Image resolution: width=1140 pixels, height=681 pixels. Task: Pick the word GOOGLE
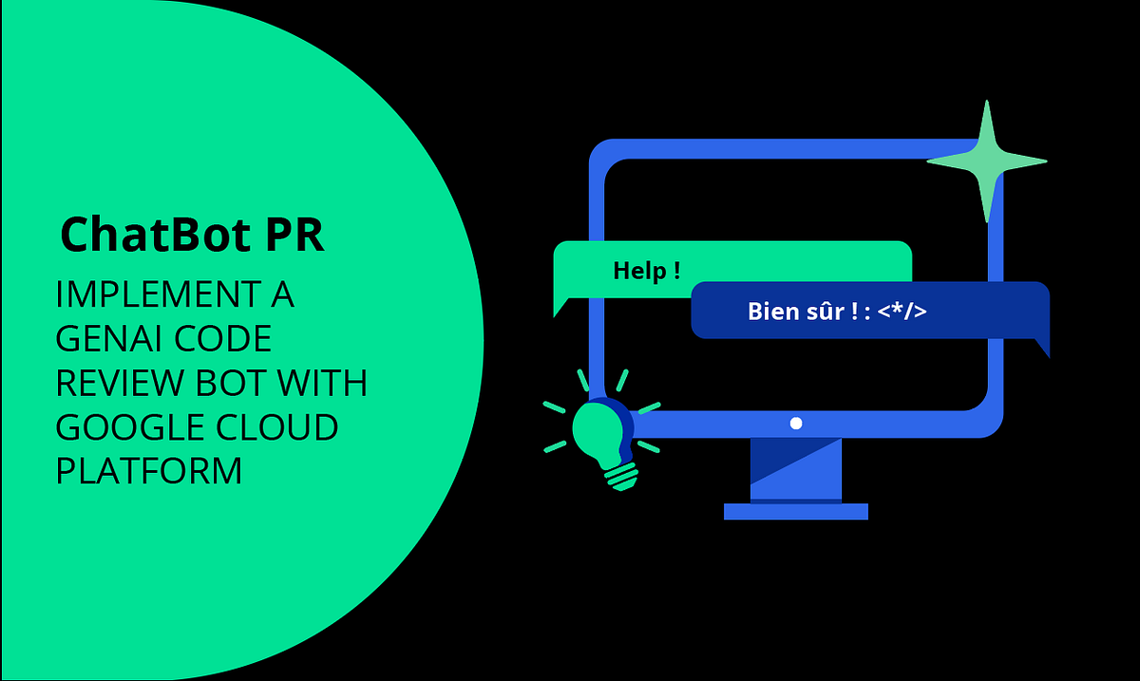tap(121, 427)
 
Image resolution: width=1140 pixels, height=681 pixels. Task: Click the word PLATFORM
tap(149, 471)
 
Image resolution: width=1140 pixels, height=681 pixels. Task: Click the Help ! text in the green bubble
tap(646, 271)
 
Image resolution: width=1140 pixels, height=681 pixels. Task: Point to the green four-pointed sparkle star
tap(987, 161)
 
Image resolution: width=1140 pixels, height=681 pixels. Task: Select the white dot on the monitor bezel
tap(796, 424)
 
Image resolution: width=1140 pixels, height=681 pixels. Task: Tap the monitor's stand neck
tap(796, 470)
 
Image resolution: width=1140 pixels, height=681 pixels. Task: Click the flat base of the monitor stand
tap(796, 512)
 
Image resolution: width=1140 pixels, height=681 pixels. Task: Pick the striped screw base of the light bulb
tap(621, 474)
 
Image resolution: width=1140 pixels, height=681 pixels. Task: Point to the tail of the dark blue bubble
tap(1041, 346)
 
